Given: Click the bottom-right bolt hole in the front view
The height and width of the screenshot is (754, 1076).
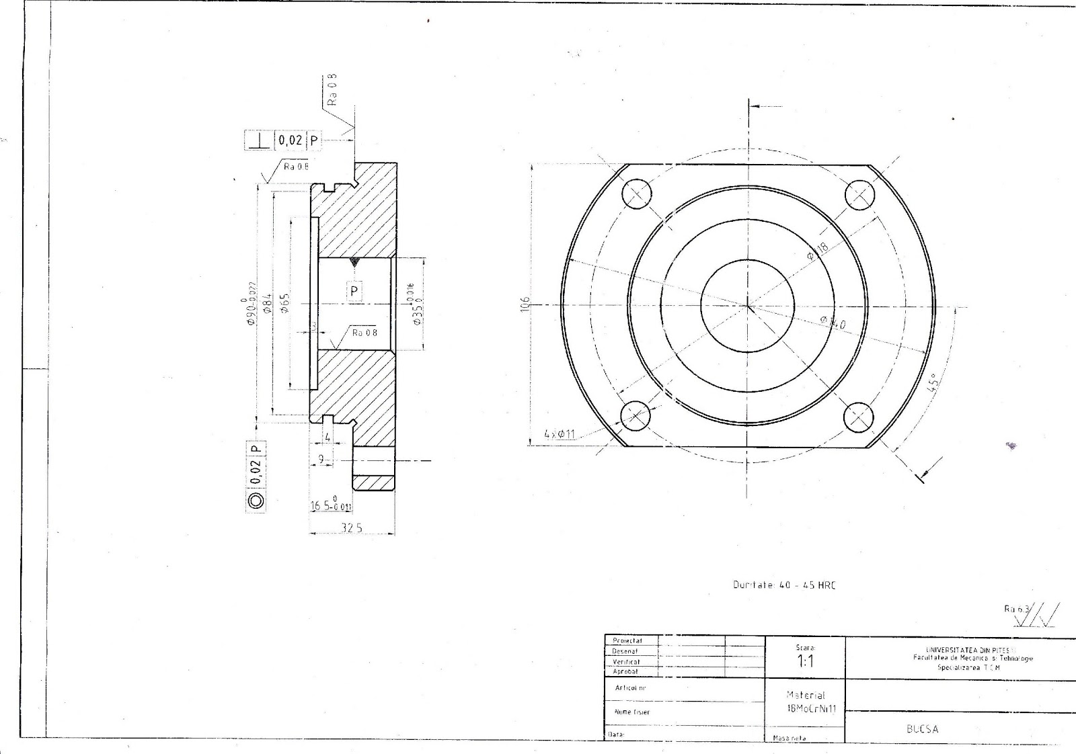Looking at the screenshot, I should click(858, 417).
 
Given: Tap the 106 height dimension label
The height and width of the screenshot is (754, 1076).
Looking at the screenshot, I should click(526, 304).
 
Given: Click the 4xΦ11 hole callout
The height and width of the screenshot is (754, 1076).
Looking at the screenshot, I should click(560, 434).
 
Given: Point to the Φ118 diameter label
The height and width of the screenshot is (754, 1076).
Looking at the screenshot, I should click(818, 251).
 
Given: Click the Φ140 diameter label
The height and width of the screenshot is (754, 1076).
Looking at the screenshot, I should click(833, 323).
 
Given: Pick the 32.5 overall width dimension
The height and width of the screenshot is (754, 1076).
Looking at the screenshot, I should click(351, 528).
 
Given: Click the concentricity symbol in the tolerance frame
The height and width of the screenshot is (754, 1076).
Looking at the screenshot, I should click(256, 501).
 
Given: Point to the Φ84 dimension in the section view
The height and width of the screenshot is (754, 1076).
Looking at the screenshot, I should click(267, 304).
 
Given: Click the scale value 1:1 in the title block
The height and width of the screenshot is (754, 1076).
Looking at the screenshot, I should click(805, 661).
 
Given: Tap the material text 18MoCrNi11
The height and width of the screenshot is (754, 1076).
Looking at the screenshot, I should click(806, 709).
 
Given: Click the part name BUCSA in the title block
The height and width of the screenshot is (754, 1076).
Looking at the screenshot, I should click(922, 729).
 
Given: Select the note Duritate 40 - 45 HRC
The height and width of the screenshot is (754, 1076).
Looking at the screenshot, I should click(784, 585).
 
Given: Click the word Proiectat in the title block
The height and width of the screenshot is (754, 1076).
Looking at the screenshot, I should click(627, 640).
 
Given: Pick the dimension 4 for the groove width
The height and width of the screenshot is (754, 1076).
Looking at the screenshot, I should click(328, 437).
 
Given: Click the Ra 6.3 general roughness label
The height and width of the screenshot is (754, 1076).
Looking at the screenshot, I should click(1016, 609).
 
